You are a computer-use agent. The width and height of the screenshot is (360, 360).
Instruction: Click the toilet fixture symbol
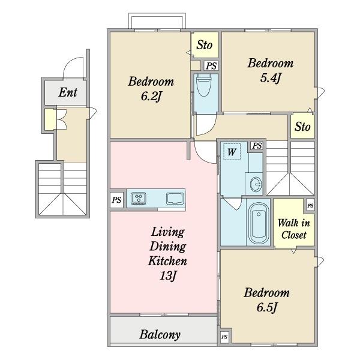coord(204,85)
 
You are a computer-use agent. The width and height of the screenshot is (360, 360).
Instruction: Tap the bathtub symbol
coord(259,223)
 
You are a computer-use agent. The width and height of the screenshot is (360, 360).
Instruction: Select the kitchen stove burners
coord(139,198)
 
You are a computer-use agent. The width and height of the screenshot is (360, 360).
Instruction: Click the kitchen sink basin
coord(175,199)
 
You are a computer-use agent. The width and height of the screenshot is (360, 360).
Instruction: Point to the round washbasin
coord(256,184)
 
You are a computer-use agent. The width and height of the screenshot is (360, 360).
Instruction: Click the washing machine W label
coord(232,152)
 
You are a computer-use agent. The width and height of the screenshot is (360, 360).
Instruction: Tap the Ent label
coord(68,92)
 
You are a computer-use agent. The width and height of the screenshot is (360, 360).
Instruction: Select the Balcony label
coord(160,334)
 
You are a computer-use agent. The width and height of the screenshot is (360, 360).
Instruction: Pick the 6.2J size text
coord(151,96)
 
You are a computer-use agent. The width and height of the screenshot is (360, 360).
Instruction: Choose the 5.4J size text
coord(271,78)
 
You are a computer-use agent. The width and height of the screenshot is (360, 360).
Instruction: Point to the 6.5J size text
coord(267,307)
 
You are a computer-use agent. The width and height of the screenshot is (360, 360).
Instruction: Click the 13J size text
coord(167,275)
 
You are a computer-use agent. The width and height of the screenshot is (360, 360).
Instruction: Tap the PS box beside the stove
coord(116,200)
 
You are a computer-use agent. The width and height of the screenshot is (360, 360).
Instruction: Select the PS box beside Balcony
coord(224,337)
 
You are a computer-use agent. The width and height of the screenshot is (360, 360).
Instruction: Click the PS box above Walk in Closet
coord(310,205)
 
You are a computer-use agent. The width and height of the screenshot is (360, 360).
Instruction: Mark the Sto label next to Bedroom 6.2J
coord(204,45)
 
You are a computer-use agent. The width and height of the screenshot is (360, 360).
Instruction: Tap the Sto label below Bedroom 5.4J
coord(302,127)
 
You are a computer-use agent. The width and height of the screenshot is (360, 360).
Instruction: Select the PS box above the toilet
coord(211,66)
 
